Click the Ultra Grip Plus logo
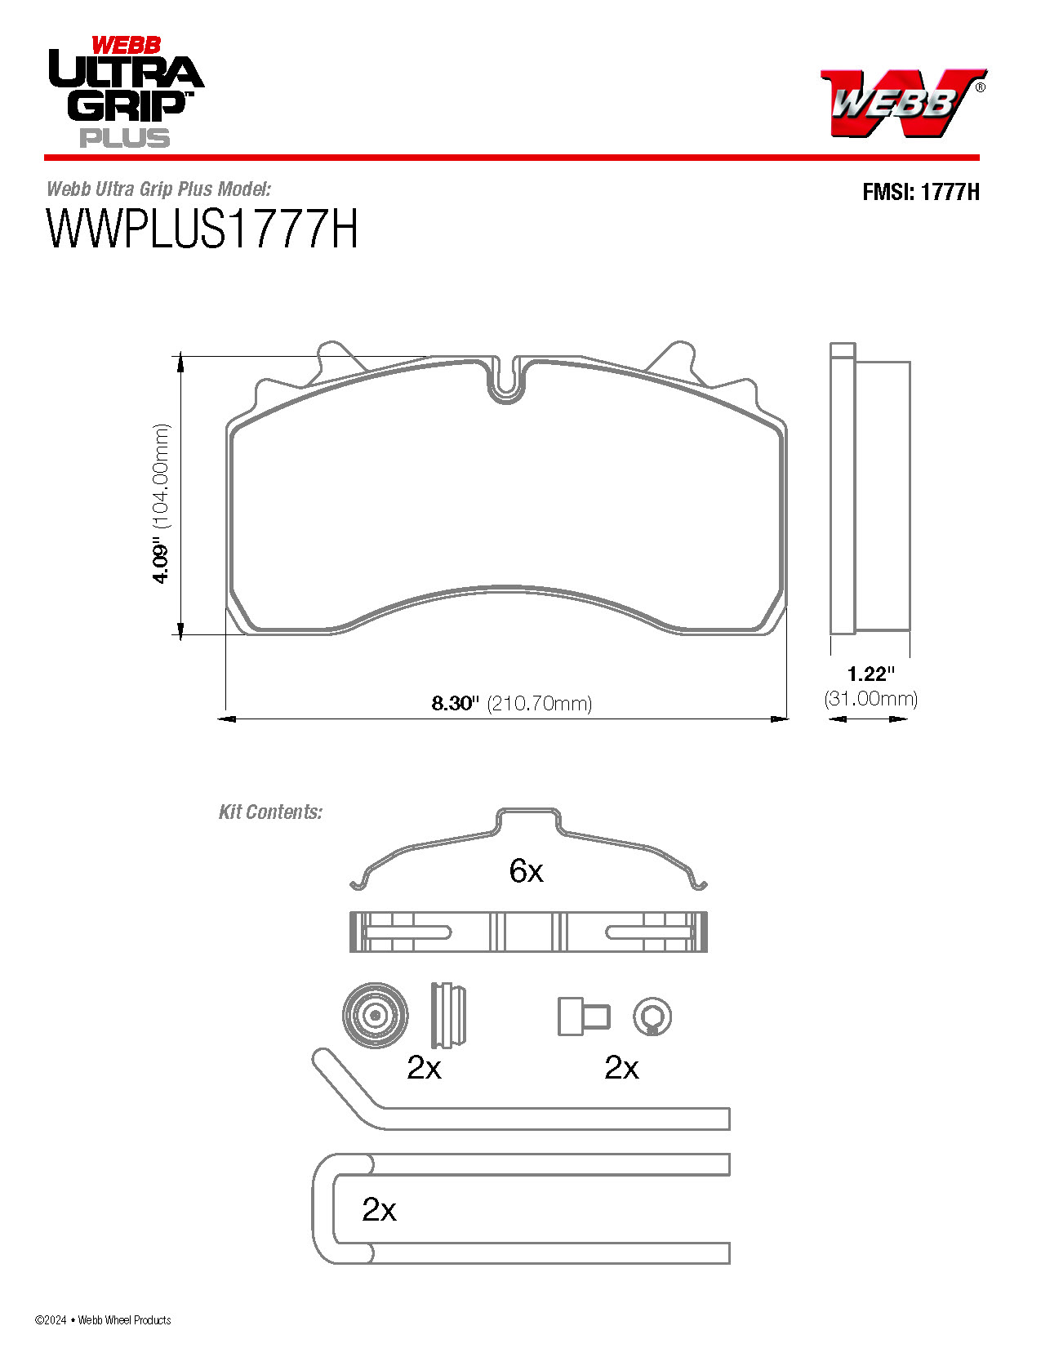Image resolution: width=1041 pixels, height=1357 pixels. [125, 92]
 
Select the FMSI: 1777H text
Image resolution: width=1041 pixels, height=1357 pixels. [920, 192]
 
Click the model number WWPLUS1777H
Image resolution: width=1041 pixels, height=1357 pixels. [202, 229]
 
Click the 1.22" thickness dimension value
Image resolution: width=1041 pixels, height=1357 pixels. [870, 674]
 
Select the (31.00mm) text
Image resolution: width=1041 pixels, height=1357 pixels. [870, 699]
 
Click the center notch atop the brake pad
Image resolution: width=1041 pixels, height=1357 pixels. [507, 381]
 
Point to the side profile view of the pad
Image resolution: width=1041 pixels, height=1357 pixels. [870, 490]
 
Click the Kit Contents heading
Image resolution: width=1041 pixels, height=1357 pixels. [270, 812]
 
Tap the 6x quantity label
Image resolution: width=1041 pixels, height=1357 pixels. [526, 871]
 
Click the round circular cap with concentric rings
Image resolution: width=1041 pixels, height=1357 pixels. [375, 1015]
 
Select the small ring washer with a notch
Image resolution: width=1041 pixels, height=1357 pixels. [652, 1017]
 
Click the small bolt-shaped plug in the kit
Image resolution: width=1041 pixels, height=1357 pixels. [583, 1017]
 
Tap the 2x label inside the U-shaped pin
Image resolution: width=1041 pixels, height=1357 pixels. [379, 1209]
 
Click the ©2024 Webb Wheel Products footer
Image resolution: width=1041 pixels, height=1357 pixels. [103, 1319]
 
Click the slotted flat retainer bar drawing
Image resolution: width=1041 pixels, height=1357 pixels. [528, 932]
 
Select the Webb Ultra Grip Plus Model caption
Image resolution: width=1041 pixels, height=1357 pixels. [158, 189]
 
